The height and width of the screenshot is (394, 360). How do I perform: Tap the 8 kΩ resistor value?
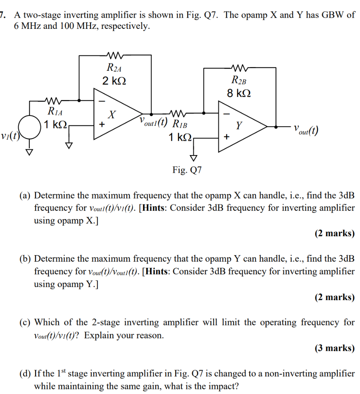[x=239, y=93]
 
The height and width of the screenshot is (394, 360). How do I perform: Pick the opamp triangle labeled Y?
[x=241, y=126]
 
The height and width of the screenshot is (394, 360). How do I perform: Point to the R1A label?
[x=55, y=112]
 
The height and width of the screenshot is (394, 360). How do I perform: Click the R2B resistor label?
[x=239, y=80]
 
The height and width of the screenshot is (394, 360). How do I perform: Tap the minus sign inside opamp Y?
[x=226, y=114]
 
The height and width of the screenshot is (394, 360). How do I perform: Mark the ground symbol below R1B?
[x=193, y=157]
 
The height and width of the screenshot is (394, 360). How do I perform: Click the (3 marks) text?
[x=334, y=348]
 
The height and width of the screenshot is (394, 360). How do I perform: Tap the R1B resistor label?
[x=180, y=124]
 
